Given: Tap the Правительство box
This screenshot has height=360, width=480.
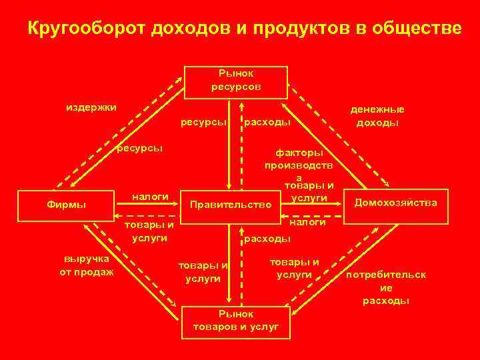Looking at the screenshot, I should (x=231, y=203).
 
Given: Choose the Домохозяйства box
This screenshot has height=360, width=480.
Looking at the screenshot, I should (x=396, y=202).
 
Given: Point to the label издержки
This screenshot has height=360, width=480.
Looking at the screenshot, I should (x=91, y=107).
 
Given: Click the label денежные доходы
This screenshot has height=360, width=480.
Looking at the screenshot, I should (x=377, y=116).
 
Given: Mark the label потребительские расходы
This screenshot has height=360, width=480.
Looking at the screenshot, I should (x=386, y=287).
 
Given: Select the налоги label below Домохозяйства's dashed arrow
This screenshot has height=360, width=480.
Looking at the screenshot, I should (x=307, y=223).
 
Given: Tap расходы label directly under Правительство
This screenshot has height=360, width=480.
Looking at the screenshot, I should (x=267, y=237).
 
